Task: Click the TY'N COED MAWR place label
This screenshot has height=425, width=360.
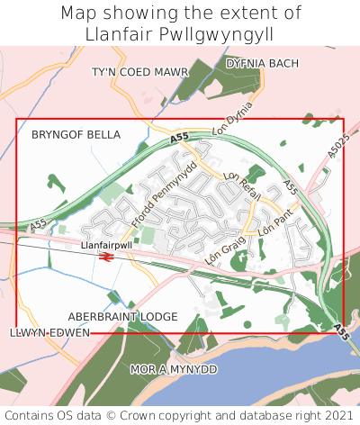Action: point(140,71)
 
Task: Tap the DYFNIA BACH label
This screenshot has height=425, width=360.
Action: point(262,64)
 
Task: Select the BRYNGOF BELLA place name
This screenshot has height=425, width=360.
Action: point(76,134)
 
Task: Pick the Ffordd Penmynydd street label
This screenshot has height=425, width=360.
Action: point(165,185)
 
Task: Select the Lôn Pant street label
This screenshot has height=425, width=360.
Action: point(275,222)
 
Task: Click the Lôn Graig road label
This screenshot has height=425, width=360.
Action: point(225,243)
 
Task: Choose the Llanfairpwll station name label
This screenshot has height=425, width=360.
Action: point(105,244)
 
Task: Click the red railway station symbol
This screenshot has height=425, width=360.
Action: point(105,258)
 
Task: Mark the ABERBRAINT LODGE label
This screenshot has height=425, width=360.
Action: point(123,317)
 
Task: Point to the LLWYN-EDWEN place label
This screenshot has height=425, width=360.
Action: point(49,333)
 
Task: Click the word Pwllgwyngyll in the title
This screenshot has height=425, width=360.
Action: point(214,33)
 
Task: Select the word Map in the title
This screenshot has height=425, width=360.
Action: point(79,13)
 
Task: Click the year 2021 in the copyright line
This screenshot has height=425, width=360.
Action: point(337,415)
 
